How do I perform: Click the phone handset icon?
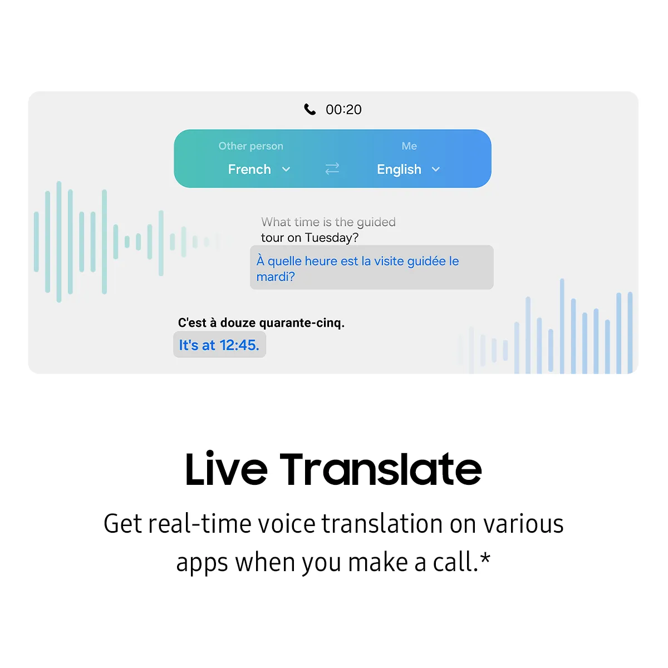click(x=310, y=109)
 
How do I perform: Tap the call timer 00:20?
click(x=343, y=110)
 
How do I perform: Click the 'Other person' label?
click(x=250, y=146)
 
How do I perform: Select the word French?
click(x=249, y=169)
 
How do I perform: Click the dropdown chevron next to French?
click(x=286, y=169)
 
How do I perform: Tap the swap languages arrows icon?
click(x=332, y=169)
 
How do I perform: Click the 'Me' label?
click(x=409, y=146)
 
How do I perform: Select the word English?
click(x=399, y=170)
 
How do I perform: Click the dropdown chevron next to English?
click(x=436, y=169)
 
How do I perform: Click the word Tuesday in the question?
click(x=332, y=238)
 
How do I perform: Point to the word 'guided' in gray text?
click(x=376, y=222)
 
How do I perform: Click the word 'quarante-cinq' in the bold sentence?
click(x=302, y=323)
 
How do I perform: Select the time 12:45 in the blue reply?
click(x=239, y=345)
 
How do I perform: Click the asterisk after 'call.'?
click(x=485, y=558)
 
